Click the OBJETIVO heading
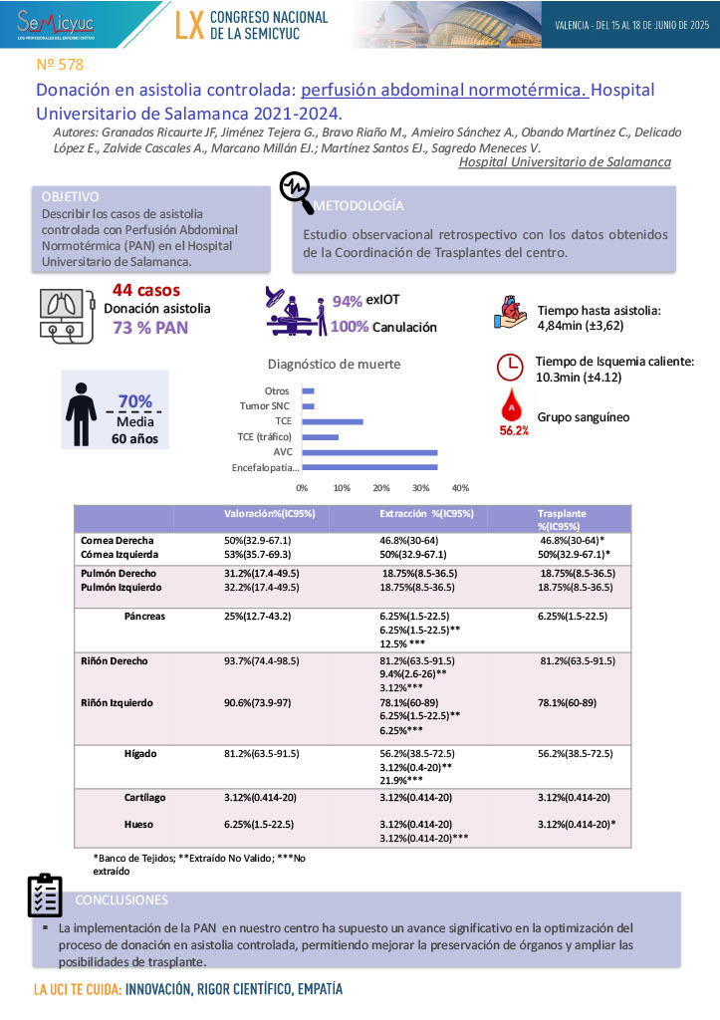tap(71, 196)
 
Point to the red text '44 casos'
tap(145, 291)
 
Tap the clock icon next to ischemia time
tap(510, 368)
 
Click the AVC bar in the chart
tap(369, 453)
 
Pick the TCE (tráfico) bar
tap(320, 437)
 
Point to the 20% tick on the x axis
tap(381, 488)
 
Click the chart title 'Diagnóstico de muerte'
tap(335, 365)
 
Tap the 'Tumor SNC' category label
tap(265, 406)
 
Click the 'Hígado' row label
tap(139, 754)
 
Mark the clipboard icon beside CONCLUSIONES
tap(45, 894)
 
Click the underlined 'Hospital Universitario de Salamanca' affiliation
tap(564, 161)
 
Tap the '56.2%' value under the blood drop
tap(513, 430)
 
